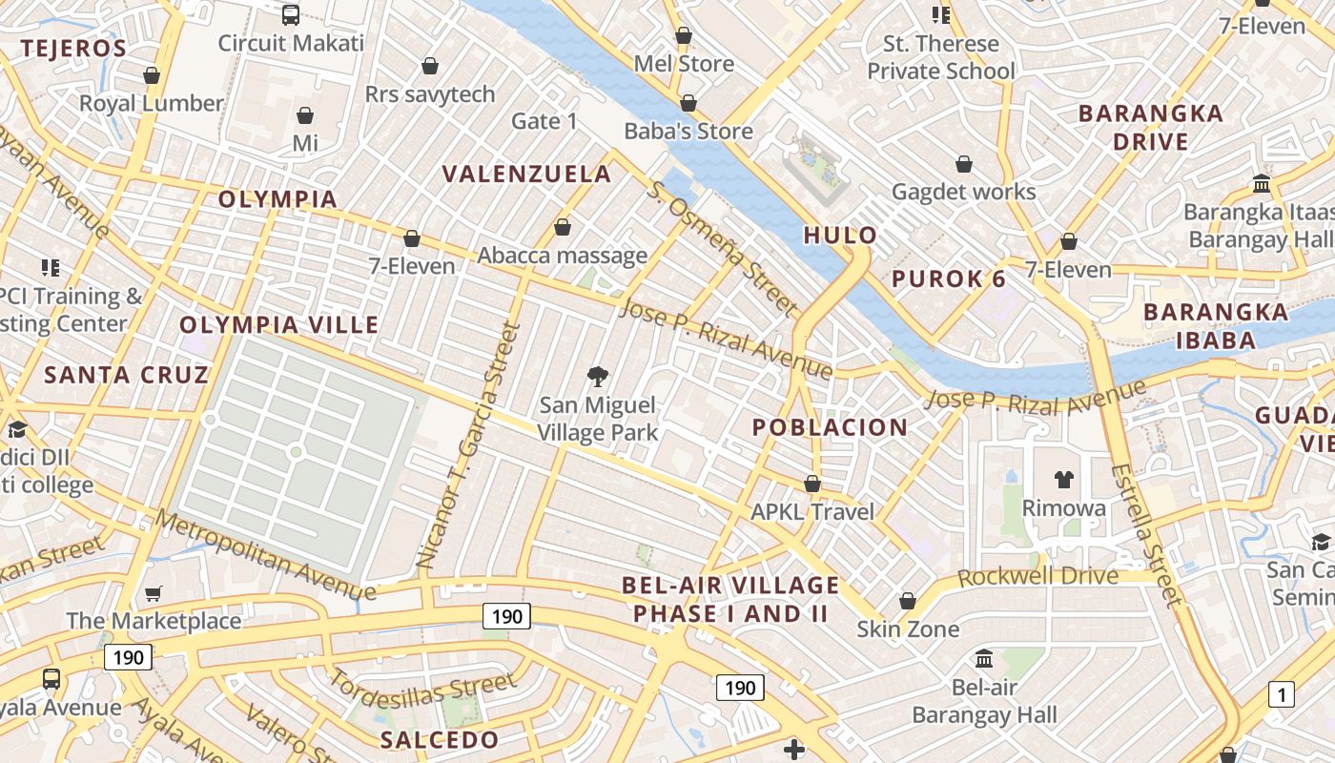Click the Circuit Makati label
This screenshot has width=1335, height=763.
click(291, 43)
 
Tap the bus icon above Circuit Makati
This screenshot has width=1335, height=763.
click(291, 14)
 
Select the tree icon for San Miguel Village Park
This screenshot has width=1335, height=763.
click(598, 376)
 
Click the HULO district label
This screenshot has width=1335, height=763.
click(840, 235)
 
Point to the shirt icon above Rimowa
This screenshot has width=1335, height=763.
click(1064, 480)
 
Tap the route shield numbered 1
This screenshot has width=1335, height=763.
click(1282, 694)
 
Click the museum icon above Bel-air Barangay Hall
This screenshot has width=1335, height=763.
click(984, 658)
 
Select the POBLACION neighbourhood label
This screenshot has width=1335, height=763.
click(830, 427)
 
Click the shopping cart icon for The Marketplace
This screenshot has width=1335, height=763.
click(154, 593)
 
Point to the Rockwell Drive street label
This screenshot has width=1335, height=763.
click(1037, 576)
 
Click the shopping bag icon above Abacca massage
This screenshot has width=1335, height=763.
click(563, 228)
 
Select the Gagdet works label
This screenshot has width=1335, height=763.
click(963, 192)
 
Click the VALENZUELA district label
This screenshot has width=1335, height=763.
click(527, 174)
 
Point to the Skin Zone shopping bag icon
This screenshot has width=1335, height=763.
click(908, 601)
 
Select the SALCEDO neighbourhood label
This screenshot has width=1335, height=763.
click(439, 740)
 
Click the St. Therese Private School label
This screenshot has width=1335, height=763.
click(940, 57)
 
